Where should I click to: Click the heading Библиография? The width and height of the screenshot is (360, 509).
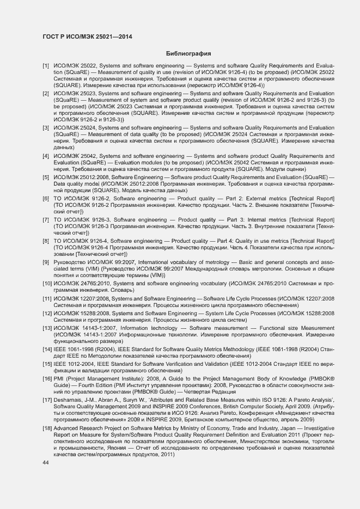click(x=188, y=53)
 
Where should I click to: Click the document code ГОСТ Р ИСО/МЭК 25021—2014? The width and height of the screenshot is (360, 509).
click(x=87, y=36)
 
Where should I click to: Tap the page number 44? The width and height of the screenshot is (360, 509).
click(x=45, y=462)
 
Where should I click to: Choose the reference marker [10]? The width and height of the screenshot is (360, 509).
click(x=47, y=283)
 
